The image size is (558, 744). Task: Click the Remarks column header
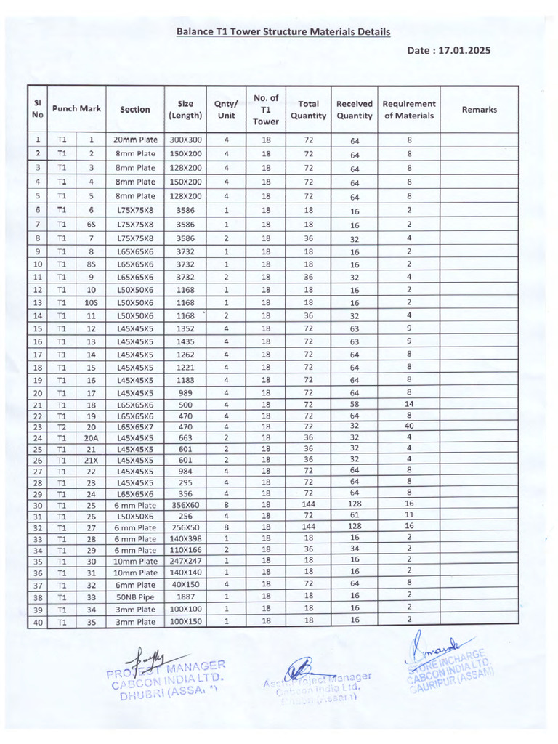479,110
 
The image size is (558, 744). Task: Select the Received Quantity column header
355,110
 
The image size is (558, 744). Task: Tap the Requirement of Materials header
409,110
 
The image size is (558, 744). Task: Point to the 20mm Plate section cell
135,139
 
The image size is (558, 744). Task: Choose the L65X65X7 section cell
135,427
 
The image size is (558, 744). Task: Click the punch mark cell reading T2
62,427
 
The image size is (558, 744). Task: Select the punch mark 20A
92,438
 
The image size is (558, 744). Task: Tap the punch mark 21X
92,460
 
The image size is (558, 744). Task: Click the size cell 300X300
185,139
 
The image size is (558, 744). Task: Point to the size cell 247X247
185,561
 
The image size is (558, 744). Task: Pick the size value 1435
185,341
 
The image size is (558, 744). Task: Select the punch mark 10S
92,303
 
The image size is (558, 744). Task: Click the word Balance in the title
195,32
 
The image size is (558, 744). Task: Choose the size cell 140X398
185,538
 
